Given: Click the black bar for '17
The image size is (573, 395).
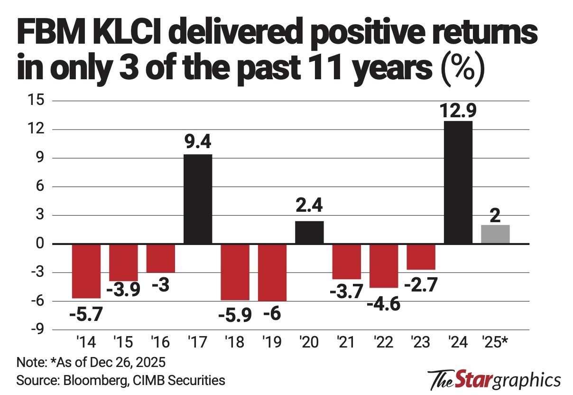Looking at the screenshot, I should tap(198, 199).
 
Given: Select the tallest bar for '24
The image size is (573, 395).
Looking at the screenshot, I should tap(458, 182).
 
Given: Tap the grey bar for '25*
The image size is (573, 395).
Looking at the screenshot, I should tap(495, 235).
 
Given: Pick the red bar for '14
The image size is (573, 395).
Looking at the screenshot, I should tap(86, 271).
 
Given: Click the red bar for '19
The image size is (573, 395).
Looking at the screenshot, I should tap(272, 273).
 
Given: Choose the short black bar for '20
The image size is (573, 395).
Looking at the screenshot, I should tap(309, 233).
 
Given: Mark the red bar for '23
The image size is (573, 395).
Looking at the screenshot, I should tap(421, 257).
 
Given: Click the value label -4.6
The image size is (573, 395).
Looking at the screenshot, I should tap(384, 303).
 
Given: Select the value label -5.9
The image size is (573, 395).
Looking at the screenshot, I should tap(235, 315).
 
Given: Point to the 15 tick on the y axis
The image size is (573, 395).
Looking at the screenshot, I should tap(37, 101).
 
